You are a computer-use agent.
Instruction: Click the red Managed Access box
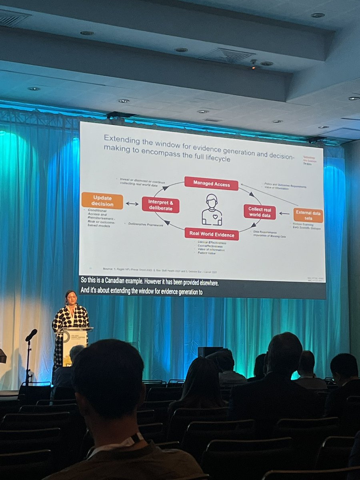click(x=211, y=183)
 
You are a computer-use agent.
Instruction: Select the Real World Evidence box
click(x=212, y=234)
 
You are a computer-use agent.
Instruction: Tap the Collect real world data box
click(x=260, y=212)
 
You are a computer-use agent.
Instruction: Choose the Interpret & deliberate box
click(x=160, y=204)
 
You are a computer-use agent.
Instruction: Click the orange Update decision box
click(x=102, y=200)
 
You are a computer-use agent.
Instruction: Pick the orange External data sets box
click(x=308, y=215)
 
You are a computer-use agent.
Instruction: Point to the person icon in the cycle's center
click(x=212, y=210)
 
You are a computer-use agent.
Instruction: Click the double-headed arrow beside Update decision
click(x=132, y=204)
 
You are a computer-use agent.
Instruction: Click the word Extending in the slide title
click(x=120, y=138)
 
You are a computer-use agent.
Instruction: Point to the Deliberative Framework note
click(x=146, y=225)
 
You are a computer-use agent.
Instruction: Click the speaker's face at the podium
click(x=71, y=299)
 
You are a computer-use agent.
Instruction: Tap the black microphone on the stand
click(x=31, y=335)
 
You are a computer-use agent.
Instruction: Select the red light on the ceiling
click(x=253, y=67)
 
